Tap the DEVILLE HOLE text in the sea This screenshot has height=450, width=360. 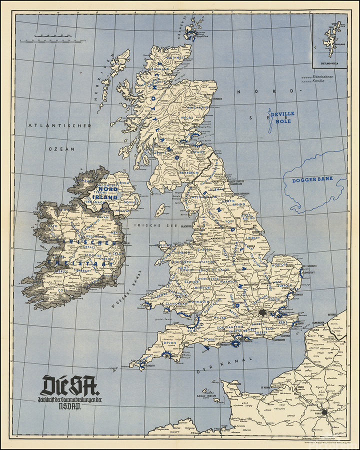click(282, 117)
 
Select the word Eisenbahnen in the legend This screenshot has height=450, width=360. click(322, 76)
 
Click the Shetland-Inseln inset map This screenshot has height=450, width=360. click(330, 40)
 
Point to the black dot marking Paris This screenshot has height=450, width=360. click(325, 413)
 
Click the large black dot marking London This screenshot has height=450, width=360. click(262, 312)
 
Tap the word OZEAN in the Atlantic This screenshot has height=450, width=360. click(61, 149)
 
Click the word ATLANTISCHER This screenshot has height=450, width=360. click(59, 125)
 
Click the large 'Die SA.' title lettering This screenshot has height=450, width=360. click(69, 385)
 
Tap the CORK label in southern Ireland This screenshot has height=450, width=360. click(61, 290)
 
